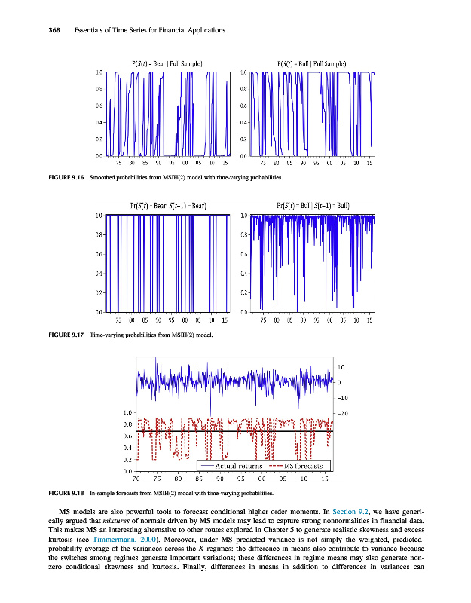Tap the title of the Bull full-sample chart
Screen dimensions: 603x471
coord(312,63)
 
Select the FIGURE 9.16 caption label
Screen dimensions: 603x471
coord(64,178)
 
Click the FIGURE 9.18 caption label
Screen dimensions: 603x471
coord(64,492)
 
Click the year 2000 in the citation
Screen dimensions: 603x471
coord(149,540)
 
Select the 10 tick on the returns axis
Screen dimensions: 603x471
coord(341,367)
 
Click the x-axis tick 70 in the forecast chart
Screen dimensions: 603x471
coord(136,478)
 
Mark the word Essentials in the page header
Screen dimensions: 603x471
coord(95,30)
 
